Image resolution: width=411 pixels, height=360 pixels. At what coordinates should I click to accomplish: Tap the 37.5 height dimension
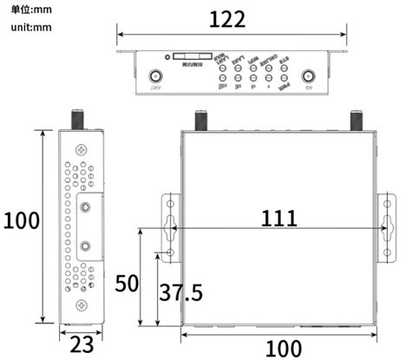pos(180,293)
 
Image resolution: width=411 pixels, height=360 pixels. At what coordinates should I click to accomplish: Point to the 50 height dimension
pos(127,283)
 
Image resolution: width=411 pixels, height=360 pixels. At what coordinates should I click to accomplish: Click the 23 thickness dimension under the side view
pos(82,344)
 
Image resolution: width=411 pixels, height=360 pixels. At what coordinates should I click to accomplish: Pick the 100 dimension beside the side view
pos(22,220)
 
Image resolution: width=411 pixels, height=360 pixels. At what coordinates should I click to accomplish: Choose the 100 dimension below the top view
pos(283,348)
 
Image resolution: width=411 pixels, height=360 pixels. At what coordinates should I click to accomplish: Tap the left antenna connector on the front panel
pos(156,75)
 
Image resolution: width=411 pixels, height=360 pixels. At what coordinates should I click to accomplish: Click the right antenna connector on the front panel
pos(308,75)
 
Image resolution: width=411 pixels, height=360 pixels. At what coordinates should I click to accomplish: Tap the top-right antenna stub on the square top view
pos(355,120)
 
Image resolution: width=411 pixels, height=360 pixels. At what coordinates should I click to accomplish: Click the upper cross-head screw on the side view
pos(81,149)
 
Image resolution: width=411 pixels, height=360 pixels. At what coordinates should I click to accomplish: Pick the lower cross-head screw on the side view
pos(81,304)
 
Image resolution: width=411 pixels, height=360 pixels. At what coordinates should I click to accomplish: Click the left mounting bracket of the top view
pos(170,227)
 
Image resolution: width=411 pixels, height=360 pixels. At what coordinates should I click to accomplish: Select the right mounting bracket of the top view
pos(389,227)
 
